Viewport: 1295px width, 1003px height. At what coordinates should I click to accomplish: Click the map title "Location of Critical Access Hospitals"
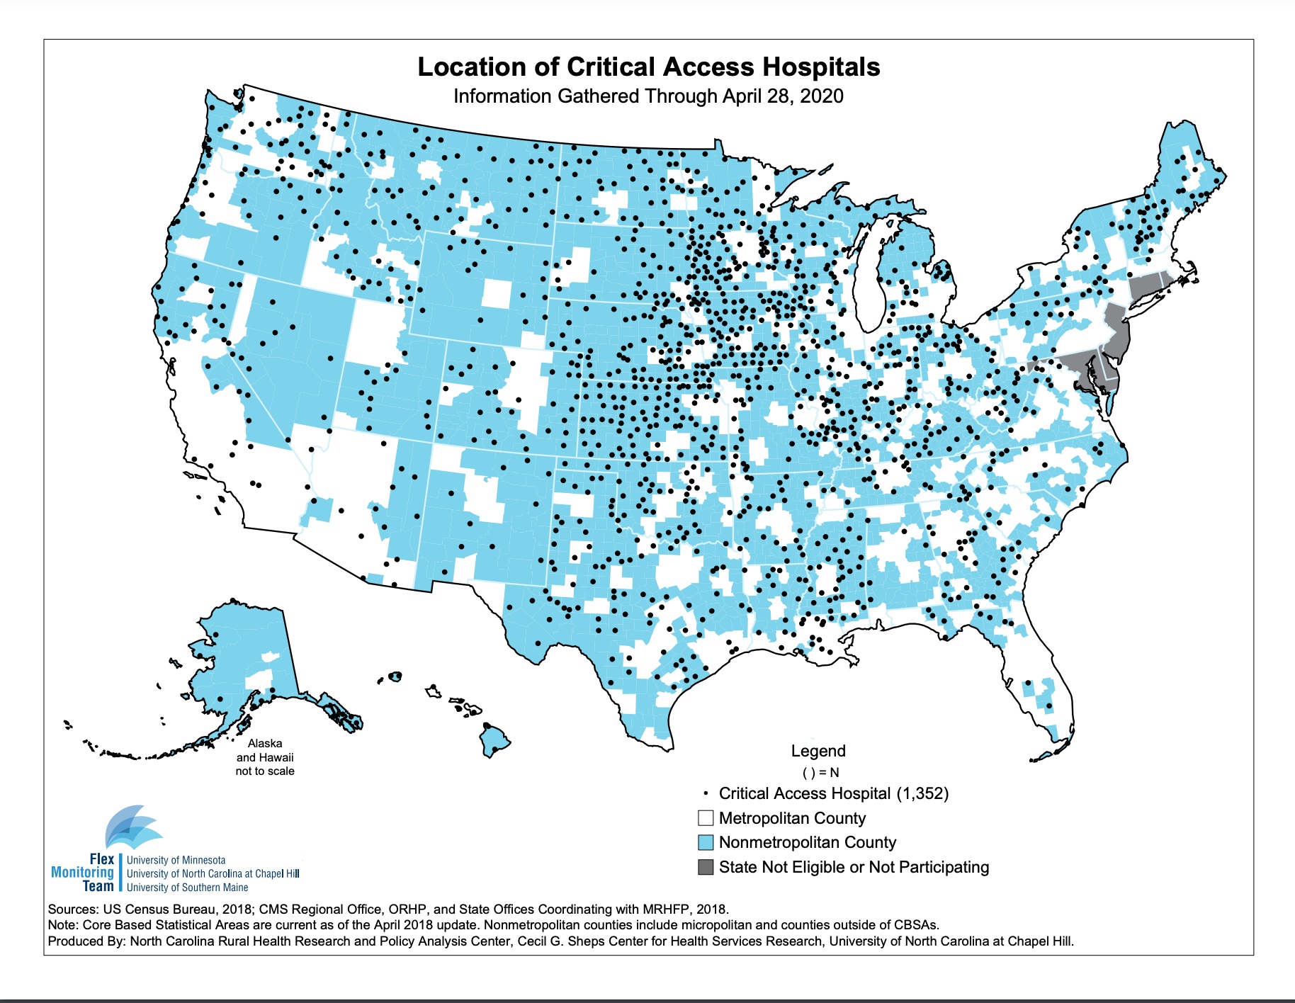[648, 67]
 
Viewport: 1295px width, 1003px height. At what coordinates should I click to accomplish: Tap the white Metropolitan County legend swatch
[706, 818]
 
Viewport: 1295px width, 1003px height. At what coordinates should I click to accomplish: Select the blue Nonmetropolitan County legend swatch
[706, 842]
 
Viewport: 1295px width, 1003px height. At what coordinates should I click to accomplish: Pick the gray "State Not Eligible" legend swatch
[706, 867]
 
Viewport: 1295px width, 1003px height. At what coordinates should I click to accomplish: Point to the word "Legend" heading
[818, 751]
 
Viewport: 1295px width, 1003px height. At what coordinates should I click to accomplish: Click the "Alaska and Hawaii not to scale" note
[265, 757]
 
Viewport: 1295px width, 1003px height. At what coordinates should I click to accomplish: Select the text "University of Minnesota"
[176, 860]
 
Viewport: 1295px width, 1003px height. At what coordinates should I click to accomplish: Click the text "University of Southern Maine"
[188, 888]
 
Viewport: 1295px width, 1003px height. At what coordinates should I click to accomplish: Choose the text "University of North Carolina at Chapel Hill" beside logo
[213, 873]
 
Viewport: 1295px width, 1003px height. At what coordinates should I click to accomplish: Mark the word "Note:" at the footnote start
[63, 925]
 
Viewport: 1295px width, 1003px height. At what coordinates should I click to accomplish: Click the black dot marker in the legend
[706, 793]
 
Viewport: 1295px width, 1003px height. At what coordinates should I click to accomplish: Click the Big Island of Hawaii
[494, 740]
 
